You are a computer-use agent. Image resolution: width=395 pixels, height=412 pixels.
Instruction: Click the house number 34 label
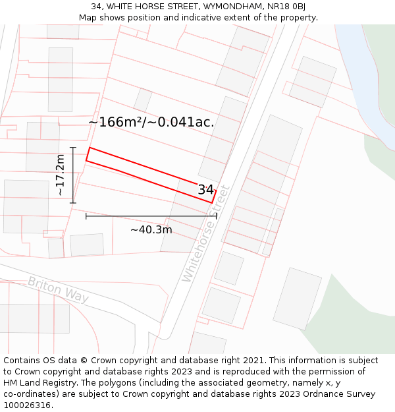[x=205, y=190]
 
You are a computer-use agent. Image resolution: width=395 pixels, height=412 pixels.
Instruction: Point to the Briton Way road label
[x=58, y=289]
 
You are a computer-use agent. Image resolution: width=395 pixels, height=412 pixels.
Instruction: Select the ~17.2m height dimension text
[x=60, y=175]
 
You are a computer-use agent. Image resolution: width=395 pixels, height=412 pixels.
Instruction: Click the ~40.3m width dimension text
[x=151, y=230]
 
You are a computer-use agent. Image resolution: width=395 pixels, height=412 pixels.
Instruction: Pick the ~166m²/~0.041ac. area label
[x=151, y=122]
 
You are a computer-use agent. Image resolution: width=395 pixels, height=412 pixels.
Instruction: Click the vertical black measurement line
[x=73, y=175]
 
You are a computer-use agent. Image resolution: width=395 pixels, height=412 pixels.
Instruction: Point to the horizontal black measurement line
[x=151, y=216]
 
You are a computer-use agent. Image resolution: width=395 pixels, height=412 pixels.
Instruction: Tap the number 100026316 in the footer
[x=26, y=405]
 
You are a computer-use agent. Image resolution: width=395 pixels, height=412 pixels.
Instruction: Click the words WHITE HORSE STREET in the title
[x=152, y=7]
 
